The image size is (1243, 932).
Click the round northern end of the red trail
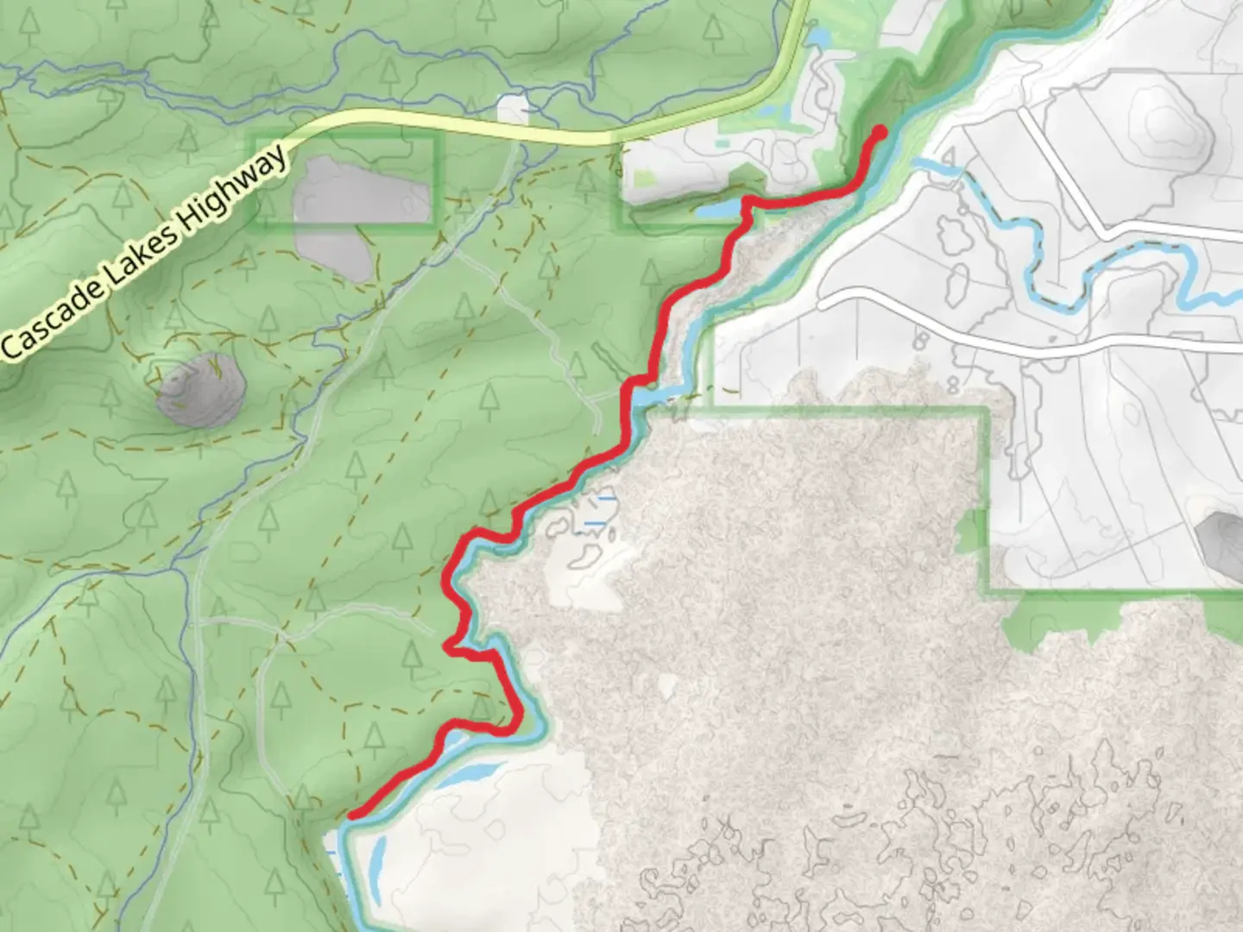pyautogui.click(x=880, y=132)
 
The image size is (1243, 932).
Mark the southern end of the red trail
pyautogui.click(x=353, y=814)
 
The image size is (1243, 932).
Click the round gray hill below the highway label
pyautogui.click(x=197, y=391)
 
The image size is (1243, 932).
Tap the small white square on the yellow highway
pyautogui.click(x=513, y=110)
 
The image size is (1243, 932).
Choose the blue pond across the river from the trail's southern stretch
pyautogui.click(x=470, y=771)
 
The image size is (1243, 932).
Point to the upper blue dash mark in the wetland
pyautogui.click(x=606, y=499)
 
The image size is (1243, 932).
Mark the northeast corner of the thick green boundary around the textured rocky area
pyautogui.click(x=987, y=411)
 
